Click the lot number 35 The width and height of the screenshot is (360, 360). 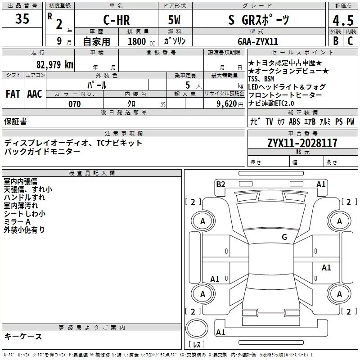(22, 18)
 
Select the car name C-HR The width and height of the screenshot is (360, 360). (117, 20)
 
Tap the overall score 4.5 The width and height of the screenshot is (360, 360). (343, 21)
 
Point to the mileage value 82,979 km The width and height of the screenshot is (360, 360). (55, 64)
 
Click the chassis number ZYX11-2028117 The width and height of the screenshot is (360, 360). (302, 143)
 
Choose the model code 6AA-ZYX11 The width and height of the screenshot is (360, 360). (258, 41)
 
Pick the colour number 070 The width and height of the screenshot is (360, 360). (75, 104)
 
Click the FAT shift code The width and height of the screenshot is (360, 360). (13, 94)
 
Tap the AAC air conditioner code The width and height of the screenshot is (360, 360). (35, 94)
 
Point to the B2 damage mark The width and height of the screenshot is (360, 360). (220, 184)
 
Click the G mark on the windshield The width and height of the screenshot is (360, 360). (284, 237)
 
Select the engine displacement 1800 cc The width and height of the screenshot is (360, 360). (141, 41)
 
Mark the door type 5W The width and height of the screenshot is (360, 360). (174, 20)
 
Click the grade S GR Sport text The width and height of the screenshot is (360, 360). (259, 20)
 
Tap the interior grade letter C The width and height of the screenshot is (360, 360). (350, 41)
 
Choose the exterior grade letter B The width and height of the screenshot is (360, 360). (336, 41)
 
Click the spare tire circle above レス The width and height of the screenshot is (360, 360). (197, 328)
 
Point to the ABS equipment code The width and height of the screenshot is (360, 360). (294, 121)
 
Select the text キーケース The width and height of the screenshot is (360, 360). (23, 336)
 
